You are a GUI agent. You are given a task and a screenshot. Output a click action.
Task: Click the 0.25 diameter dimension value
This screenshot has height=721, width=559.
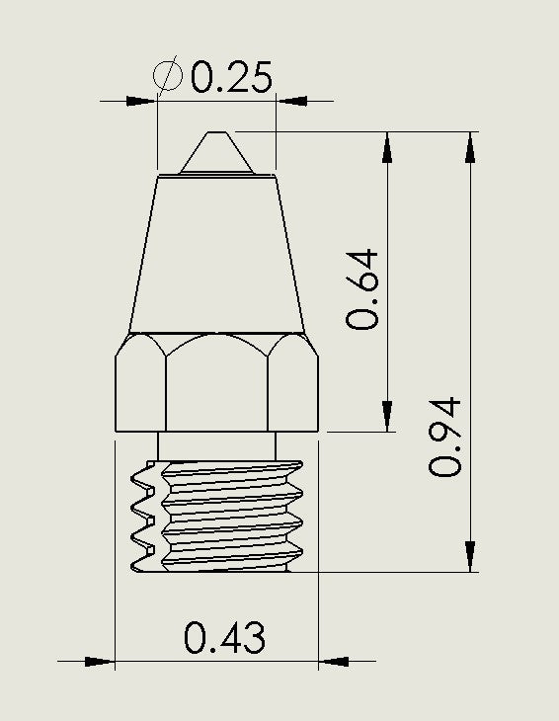point(231,76)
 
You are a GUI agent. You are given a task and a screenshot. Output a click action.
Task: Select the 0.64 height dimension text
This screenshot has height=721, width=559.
point(362,288)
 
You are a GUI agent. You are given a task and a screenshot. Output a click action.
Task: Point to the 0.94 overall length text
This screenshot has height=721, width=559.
point(445,437)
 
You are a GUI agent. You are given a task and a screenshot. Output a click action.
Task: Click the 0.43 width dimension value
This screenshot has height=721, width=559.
point(224,639)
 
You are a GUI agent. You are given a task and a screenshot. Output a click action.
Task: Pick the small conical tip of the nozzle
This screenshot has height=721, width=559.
point(217,153)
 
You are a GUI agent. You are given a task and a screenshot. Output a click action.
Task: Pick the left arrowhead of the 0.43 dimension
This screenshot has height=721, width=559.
point(99,662)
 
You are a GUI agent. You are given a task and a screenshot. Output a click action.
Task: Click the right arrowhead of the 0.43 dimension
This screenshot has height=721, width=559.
point(334,662)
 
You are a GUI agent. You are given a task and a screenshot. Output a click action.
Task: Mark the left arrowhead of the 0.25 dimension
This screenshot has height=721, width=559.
point(143,100)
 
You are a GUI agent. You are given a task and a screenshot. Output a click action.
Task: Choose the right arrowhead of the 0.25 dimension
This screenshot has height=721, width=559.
point(291,100)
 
